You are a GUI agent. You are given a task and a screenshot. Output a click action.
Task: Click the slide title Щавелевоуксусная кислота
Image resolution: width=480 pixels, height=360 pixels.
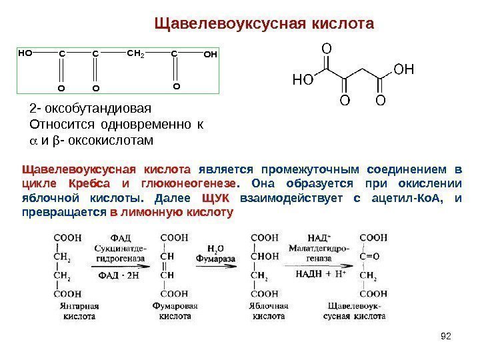(x=264, y=25)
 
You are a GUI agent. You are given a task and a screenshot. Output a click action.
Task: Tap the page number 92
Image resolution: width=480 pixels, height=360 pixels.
(x=447, y=335)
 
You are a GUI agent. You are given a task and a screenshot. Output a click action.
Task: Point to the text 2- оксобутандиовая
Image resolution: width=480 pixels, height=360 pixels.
(x=91, y=109)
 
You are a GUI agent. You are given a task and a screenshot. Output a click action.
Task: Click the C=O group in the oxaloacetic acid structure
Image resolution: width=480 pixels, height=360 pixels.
(x=371, y=255)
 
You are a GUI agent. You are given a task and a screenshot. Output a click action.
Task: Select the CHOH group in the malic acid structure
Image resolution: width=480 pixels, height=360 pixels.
(x=265, y=255)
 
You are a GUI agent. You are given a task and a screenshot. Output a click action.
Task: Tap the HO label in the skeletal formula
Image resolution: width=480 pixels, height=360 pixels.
(x=303, y=80)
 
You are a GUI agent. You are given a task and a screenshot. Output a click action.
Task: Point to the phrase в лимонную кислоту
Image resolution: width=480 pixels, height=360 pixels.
(x=171, y=213)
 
